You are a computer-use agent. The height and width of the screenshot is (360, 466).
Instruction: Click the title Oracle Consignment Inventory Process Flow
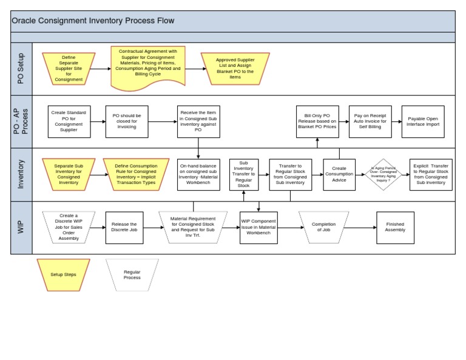tap(93, 21)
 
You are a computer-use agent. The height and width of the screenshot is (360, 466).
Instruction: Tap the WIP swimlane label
tap(21, 228)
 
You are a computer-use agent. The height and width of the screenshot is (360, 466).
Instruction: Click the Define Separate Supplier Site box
tap(69, 69)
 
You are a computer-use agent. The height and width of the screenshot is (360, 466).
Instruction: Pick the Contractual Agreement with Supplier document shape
tap(148, 66)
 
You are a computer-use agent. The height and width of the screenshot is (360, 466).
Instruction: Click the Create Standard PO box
tap(69, 121)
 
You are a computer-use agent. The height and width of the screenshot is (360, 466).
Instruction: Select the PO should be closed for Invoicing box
tap(127, 121)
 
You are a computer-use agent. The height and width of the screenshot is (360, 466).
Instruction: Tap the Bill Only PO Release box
tap(317, 121)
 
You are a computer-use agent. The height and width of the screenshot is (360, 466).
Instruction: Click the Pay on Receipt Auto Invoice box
tap(370, 121)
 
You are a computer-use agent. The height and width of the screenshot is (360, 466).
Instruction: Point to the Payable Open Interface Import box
tap(424, 121)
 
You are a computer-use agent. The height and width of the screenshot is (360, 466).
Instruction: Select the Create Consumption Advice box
tap(339, 174)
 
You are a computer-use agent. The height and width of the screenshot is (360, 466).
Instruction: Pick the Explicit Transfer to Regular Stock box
tap(431, 174)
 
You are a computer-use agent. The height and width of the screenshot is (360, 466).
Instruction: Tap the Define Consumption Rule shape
tap(135, 174)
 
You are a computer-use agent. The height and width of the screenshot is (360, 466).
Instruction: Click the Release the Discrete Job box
tap(124, 228)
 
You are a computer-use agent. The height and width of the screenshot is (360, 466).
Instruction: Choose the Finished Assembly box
tap(395, 228)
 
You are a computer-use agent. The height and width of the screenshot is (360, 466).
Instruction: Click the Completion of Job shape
tap(323, 228)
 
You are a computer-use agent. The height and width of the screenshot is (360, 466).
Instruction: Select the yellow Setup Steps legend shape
tap(63, 274)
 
